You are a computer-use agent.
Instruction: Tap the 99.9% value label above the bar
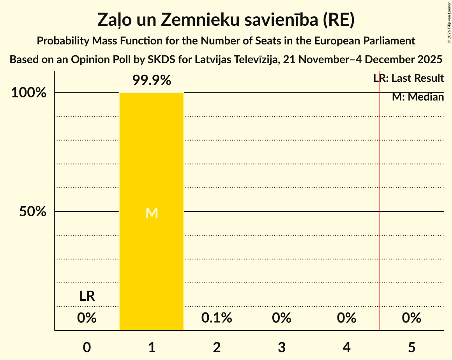tap(152, 81)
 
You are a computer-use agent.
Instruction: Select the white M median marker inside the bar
tap(152, 213)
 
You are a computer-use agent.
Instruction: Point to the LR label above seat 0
tap(87, 296)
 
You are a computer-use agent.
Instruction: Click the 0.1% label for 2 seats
tap(217, 318)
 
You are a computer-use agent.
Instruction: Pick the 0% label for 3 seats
tap(282, 318)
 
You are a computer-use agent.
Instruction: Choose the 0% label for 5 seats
tap(411, 318)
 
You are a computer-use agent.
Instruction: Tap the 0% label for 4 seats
tap(347, 318)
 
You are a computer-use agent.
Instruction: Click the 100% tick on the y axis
tap(29, 93)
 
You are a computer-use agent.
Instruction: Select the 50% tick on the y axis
tap(33, 212)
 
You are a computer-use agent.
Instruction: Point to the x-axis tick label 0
tap(87, 347)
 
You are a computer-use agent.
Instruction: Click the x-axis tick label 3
tap(282, 347)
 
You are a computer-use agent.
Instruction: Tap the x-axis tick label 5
tap(411, 347)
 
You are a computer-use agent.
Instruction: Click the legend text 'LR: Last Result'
tap(409, 78)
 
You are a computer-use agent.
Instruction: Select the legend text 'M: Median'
tap(418, 97)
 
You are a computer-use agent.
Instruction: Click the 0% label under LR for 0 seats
tap(87, 318)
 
